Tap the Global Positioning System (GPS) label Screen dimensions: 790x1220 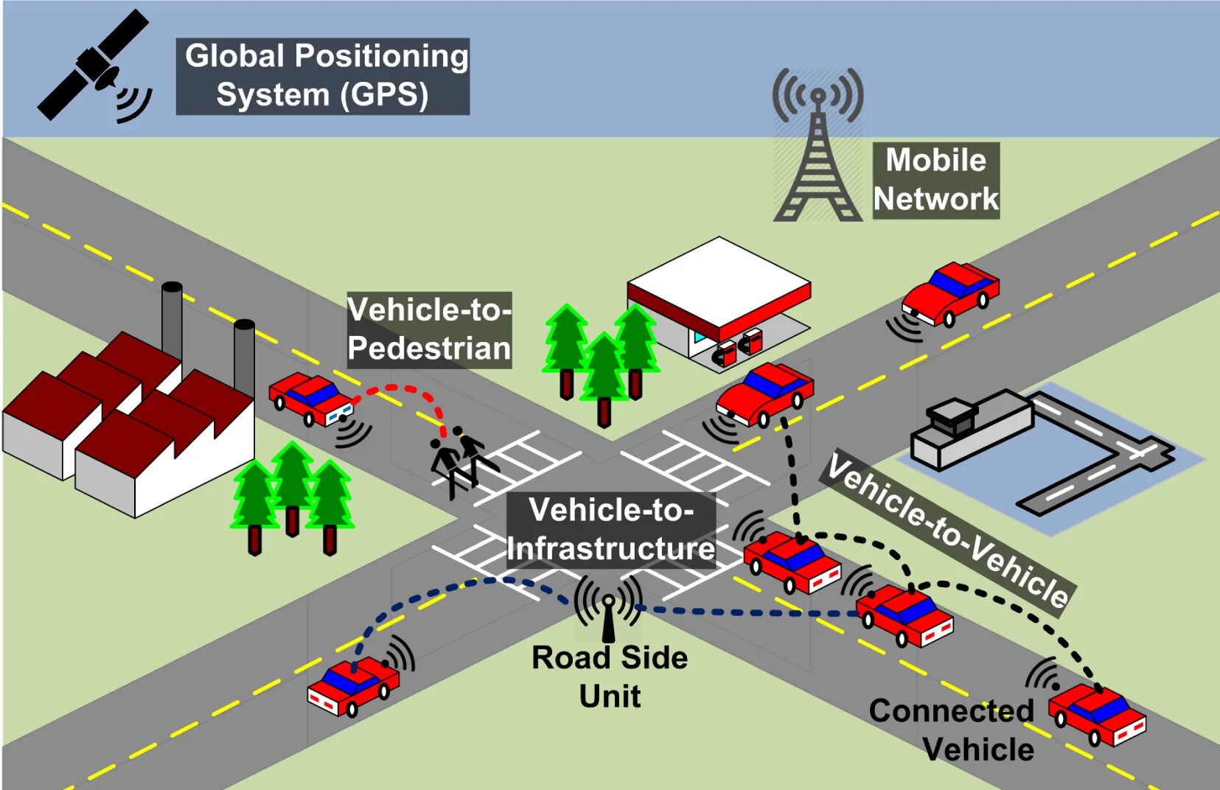point(323,76)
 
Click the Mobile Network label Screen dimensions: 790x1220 point(935,180)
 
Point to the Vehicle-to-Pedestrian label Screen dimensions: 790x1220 point(429,329)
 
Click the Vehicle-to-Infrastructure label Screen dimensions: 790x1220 point(610,529)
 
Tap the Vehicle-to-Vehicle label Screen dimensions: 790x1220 point(947,531)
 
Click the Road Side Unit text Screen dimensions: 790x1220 point(610,677)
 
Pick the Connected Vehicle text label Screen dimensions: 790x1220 point(952,730)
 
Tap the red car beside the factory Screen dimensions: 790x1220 point(310,397)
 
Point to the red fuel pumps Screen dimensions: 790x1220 point(739,347)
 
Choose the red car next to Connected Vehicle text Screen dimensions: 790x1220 point(1098,714)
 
